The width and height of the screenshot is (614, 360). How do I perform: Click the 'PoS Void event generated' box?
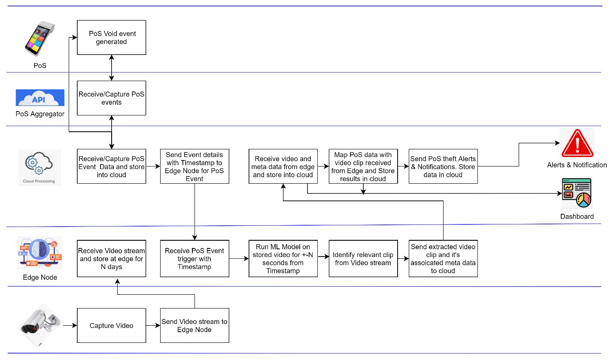[111, 37]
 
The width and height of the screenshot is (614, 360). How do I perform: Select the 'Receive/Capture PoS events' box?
[111, 98]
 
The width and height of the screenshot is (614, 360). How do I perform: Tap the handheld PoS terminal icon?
[40, 39]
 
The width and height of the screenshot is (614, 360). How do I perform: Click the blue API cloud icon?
[40, 97]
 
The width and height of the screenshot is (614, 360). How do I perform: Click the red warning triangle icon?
[577, 143]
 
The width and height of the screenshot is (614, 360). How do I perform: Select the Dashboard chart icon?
[577, 193]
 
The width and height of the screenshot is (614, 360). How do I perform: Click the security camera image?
[40, 325]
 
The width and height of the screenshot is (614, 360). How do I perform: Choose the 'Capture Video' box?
[111, 326]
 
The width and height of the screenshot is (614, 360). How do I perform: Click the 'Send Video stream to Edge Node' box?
[195, 326]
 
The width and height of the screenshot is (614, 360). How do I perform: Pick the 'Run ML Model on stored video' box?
[283, 259]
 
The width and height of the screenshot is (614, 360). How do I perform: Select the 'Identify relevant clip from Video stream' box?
[363, 259]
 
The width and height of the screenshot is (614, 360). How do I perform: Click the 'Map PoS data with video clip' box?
[363, 166]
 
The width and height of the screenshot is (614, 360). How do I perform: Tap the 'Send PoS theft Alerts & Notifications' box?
[443, 166]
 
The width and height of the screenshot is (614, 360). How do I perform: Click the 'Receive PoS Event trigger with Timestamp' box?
[195, 259]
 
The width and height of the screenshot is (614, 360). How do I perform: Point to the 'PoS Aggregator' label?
[40, 114]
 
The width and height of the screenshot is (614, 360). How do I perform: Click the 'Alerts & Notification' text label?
[577, 165]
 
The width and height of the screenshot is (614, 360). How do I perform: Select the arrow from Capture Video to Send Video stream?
[153, 326]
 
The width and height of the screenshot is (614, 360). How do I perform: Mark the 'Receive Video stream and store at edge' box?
[111, 259]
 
